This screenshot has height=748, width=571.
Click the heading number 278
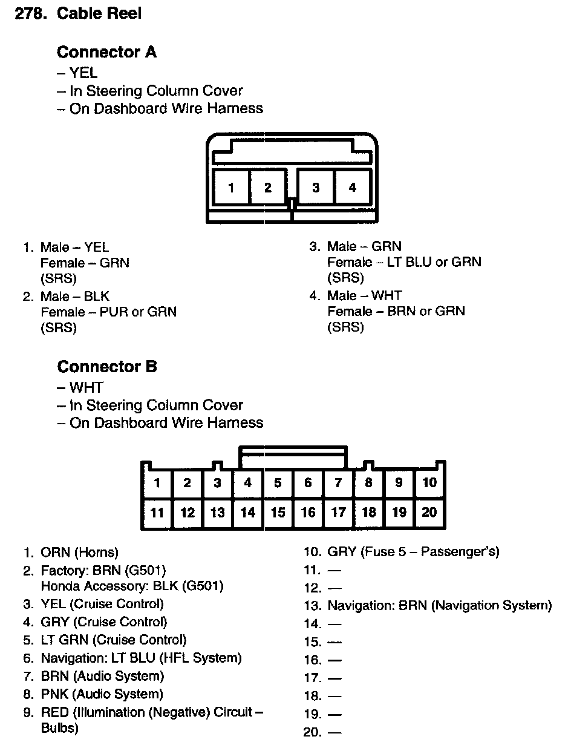pyautogui.click(x=31, y=13)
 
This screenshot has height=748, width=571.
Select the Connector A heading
pyautogui.click(x=106, y=52)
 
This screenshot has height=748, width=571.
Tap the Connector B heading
pyautogui.click(x=107, y=366)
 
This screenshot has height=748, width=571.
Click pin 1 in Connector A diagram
pyautogui.click(x=231, y=188)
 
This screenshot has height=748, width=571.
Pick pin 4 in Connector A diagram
pyautogui.click(x=353, y=188)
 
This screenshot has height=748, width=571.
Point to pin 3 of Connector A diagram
pyautogui.click(x=316, y=188)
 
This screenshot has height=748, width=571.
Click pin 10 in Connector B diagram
pyautogui.click(x=429, y=482)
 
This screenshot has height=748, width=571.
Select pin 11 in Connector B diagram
pyautogui.click(x=157, y=513)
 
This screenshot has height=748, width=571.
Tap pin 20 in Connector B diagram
pyautogui.click(x=429, y=513)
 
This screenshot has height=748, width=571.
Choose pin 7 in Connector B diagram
pyautogui.click(x=338, y=482)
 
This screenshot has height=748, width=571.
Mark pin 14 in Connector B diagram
pyautogui.click(x=248, y=513)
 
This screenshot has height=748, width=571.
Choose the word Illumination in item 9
pyautogui.click(x=111, y=712)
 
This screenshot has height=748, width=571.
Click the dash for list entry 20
pyautogui.click(x=334, y=733)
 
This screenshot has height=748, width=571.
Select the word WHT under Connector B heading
pyautogui.click(x=86, y=387)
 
